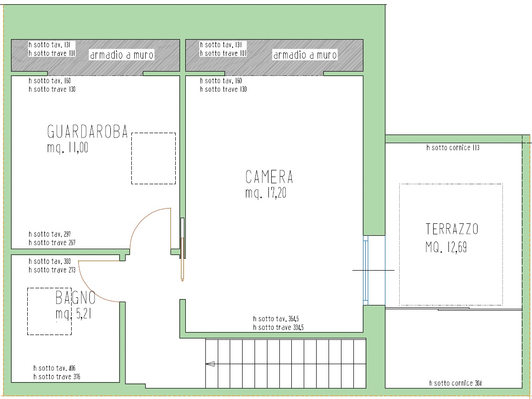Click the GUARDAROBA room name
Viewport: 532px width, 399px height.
[x=87, y=132]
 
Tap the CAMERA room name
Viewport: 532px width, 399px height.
[x=269, y=177]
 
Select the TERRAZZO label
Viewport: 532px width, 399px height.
[x=452, y=229]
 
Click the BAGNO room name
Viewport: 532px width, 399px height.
[x=75, y=298]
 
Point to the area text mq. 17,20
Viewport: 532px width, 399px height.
[x=266, y=193]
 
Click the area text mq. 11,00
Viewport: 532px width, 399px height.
[x=67, y=148]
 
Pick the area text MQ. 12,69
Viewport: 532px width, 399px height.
[x=446, y=248]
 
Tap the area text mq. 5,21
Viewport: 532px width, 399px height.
[x=74, y=314]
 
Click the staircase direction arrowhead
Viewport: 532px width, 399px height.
[x=210, y=364]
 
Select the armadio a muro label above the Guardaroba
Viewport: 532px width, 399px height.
[x=122, y=55]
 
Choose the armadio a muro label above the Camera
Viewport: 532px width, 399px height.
[x=305, y=55]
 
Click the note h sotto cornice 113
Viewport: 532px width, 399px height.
[x=453, y=148]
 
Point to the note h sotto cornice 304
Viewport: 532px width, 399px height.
[x=455, y=383]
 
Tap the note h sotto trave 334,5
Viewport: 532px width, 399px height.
[x=278, y=327]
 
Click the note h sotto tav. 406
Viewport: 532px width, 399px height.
[x=54, y=368]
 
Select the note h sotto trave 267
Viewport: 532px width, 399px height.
[x=52, y=243]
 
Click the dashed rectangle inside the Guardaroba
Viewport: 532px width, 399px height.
[x=154, y=133]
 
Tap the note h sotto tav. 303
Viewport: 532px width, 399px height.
[x=50, y=262]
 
